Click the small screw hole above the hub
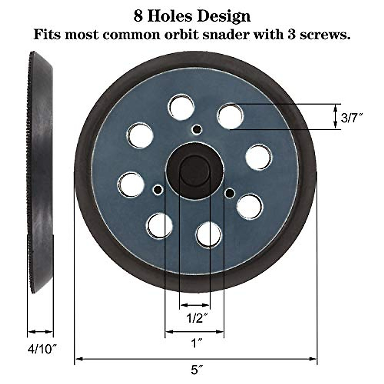(196, 129)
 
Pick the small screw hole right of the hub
(229, 192)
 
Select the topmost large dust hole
(182, 107)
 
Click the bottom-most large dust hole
(209, 235)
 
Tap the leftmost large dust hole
(131, 185)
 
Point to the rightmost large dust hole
(259, 157)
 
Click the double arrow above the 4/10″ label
(40, 332)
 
